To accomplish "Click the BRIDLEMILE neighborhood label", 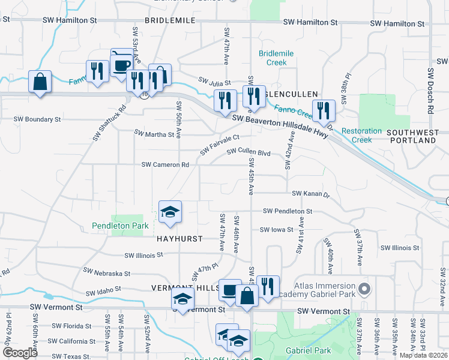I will click(x=170, y=20).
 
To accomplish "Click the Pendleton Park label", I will click(x=120, y=226).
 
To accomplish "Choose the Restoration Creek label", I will click(x=361, y=135).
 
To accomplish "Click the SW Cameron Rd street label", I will click(x=165, y=164).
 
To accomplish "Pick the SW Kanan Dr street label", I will click(x=311, y=194).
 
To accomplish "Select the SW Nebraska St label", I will click(x=107, y=273).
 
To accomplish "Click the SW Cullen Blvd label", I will click(x=249, y=152).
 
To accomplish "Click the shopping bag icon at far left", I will click(x=40, y=82).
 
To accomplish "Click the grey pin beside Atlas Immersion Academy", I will click(x=364, y=290).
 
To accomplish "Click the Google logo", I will click(x=20, y=353).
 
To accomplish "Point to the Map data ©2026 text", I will click(x=423, y=355).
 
